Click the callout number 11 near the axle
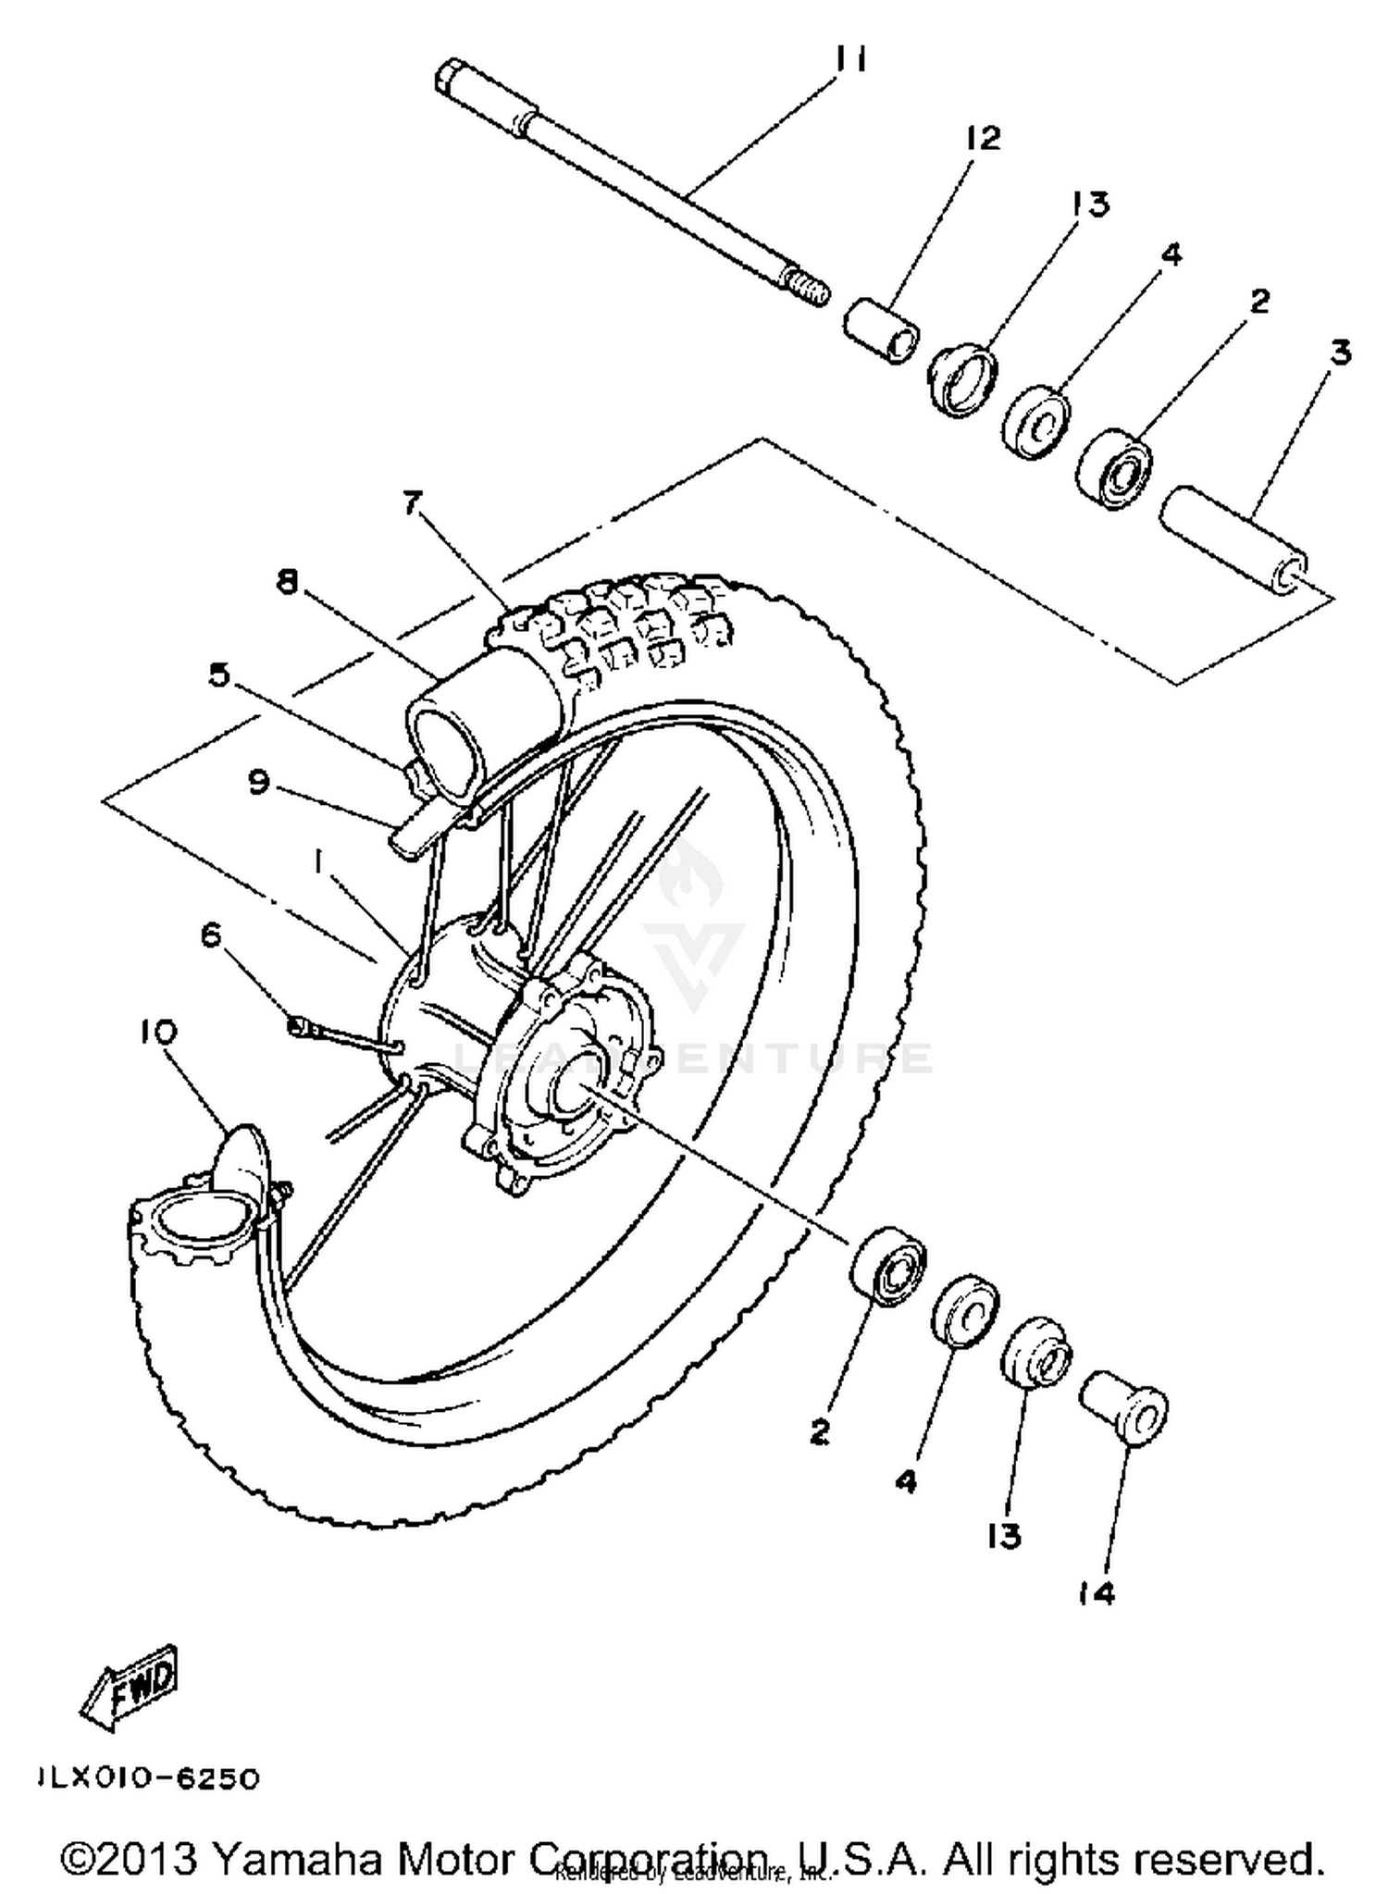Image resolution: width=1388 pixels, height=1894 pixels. click(x=849, y=61)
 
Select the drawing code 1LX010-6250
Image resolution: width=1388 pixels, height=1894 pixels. click(x=148, y=1778)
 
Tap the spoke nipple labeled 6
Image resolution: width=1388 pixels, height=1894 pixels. click(x=299, y=1024)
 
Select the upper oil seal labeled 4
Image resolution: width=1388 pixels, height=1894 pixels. click(x=1037, y=422)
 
